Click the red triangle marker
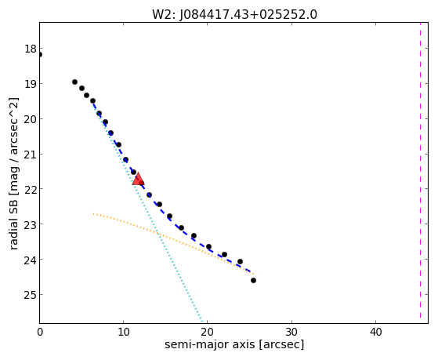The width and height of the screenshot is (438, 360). [138, 179]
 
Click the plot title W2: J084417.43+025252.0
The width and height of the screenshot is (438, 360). [234, 15]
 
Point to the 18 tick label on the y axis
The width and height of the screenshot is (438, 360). [31, 49]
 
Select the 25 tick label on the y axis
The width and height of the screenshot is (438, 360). [31, 295]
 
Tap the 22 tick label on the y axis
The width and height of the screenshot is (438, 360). [31, 189]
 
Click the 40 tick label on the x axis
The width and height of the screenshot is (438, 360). [375, 332]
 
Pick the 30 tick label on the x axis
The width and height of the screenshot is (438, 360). [291, 332]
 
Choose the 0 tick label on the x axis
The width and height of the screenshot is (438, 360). [40, 332]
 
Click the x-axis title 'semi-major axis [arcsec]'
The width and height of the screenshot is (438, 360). [234, 344]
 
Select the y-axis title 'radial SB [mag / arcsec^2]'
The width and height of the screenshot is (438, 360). [14, 173]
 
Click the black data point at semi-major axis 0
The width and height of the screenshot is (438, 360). [40, 55]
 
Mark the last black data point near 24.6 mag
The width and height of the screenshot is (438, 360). [253, 280]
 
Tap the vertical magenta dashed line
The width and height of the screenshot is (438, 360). [420, 170]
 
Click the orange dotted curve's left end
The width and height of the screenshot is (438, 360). [93, 214]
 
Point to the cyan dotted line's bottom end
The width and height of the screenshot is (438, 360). [201, 321]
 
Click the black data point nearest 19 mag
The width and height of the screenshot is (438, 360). [74, 82]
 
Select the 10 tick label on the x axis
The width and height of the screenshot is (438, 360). [123, 332]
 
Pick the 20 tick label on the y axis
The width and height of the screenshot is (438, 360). [31, 119]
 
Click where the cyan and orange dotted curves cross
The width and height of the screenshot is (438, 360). [158, 233]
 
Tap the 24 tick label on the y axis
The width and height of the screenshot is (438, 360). [31, 260]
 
